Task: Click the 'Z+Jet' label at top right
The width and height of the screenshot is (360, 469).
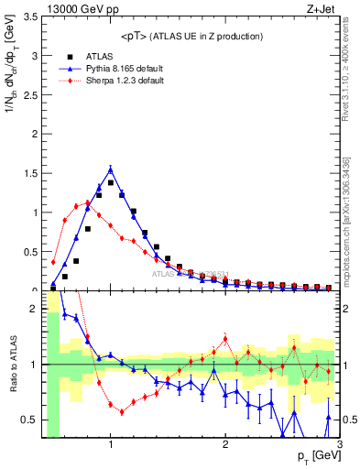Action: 322,8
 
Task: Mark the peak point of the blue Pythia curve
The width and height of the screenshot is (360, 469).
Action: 111,169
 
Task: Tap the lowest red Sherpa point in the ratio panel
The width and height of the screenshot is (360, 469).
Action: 122,412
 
